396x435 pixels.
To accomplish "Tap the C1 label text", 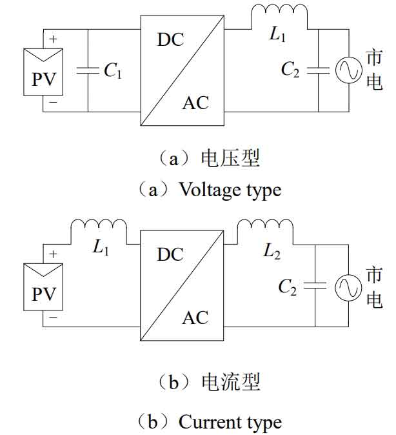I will (x=112, y=72).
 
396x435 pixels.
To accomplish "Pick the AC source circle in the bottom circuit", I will (x=349, y=286).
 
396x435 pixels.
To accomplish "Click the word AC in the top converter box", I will (x=195, y=102).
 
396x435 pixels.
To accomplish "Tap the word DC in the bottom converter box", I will (x=170, y=254).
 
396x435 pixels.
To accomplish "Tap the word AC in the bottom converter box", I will (x=195, y=318).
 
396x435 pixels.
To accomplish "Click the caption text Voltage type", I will (x=230, y=190).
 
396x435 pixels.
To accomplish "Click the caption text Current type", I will (x=230, y=423).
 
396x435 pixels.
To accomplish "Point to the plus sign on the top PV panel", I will (x=53, y=39).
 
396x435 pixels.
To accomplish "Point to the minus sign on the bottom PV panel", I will (x=53, y=317).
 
